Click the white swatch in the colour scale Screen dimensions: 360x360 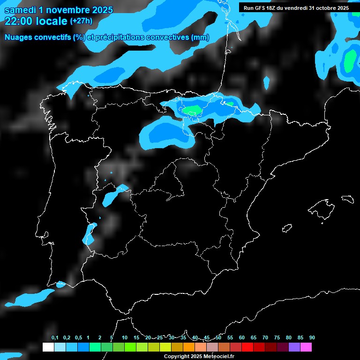[48, 347]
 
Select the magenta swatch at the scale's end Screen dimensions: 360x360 [306, 347]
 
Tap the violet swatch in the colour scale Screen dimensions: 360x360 [294, 347]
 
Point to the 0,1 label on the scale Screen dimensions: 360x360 [55, 337]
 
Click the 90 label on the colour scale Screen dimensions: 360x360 [312, 337]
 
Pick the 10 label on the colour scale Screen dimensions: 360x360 [124, 337]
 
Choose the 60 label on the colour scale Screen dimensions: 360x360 [242, 337]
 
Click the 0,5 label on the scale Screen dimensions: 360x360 [78, 337]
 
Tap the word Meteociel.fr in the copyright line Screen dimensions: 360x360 [219, 356]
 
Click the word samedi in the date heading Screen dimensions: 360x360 [20, 10]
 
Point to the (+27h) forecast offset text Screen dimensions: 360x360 [81, 21]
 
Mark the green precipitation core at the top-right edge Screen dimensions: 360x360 [350, 60]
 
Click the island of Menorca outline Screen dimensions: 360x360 [347, 199]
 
